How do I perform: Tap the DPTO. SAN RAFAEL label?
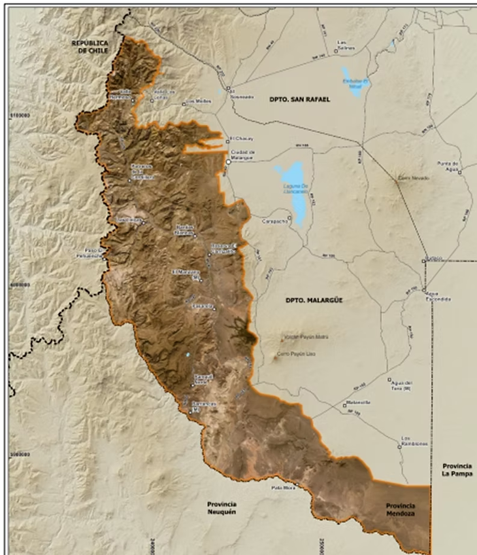point(300,99)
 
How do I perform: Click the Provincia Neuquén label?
point(221,508)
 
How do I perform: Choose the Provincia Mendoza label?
point(401,510)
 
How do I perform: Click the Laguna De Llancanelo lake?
point(294,190)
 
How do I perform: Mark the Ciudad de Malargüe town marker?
point(228,161)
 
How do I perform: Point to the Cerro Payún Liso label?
point(292,354)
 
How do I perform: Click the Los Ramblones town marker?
point(400,447)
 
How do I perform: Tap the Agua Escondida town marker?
point(424,291)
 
